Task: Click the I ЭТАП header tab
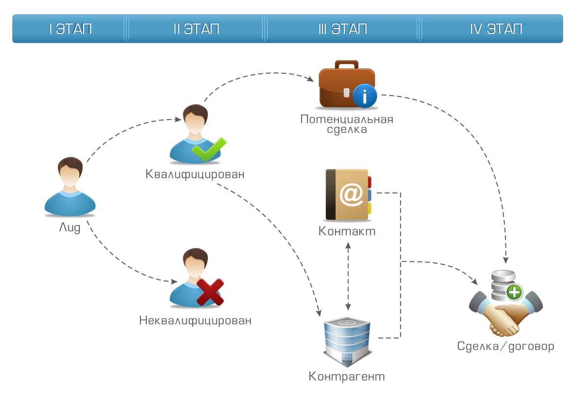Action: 70,29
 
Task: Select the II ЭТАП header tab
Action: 196,29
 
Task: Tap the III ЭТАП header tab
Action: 342,29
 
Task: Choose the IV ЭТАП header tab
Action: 496,29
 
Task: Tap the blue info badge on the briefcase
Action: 365,96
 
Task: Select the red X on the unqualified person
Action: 210,292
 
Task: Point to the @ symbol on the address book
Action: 351,195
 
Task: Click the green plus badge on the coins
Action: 514,293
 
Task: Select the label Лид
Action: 69,228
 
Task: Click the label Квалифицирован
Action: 195,174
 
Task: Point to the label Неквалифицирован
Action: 195,321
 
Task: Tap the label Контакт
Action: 347,231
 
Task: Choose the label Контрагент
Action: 347,377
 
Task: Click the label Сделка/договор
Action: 506,346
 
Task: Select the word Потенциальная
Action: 347,119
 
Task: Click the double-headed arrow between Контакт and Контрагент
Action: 349,276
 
